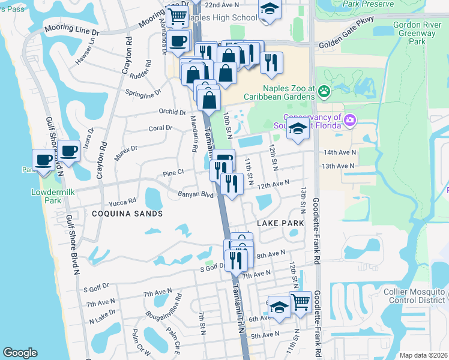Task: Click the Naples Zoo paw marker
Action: click(x=325, y=91)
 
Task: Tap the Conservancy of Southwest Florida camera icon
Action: click(x=350, y=121)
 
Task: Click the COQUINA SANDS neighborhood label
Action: click(x=127, y=214)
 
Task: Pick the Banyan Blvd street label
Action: click(x=196, y=194)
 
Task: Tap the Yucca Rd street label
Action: click(x=124, y=201)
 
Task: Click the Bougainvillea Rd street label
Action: click(x=162, y=306)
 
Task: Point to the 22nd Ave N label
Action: click(x=222, y=4)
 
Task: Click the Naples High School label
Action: click(x=223, y=18)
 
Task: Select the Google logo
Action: click(x=20, y=353)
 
